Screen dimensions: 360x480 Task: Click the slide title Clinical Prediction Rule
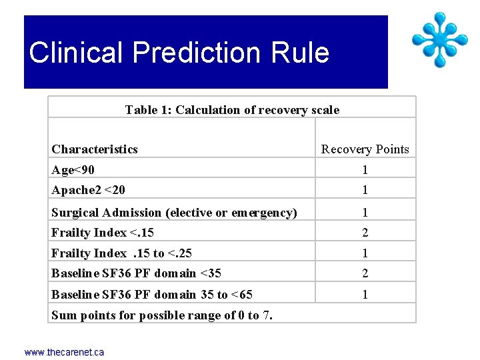point(179,53)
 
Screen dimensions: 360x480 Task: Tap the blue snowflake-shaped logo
point(439,39)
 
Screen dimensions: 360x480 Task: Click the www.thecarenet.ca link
point(64,352)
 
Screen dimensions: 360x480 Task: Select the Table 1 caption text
point(232,110)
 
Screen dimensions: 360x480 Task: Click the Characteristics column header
point(95,149)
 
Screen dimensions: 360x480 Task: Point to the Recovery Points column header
point(365,149)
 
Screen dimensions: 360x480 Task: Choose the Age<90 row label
point(73,170)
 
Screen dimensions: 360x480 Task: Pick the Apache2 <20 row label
point(88,190)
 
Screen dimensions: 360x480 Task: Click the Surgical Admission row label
point(174,213)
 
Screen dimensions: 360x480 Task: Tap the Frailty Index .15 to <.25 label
point(122,253)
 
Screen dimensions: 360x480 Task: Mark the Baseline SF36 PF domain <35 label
point(136,273)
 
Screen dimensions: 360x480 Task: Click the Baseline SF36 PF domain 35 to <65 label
point(152,294)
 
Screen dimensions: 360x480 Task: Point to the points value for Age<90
point(365,170)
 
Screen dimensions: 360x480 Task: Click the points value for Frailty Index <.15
point(365,233)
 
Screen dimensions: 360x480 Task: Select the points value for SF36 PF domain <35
point(365,273)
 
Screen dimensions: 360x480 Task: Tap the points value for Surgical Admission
point(365,213)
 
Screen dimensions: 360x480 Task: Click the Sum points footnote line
point(162,315)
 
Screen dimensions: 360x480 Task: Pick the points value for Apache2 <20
point(365,190)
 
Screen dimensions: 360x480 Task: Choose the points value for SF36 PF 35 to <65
point(365,294)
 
